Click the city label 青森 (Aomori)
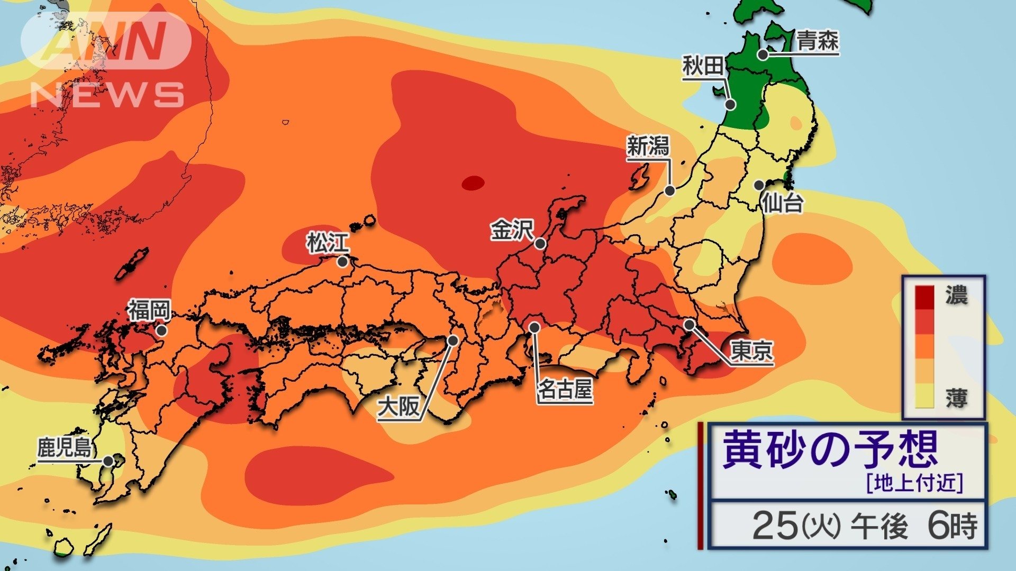(818, 41)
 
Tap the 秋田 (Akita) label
(703, 67)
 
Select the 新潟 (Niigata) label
(648, 146)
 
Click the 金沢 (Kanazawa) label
(511, 230)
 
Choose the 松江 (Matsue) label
(328, 243)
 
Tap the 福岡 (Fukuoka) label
(149, 310)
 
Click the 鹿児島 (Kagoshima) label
(64, 448)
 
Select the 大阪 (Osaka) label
(398, 408)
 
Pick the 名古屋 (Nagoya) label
(565, 390)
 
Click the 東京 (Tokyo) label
(751, 350)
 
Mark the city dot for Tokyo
(690, 324)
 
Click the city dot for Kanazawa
(540, 244)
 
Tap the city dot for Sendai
(759, 185)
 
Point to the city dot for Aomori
(763, 54)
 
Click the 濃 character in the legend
(956, 296)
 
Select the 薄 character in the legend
(956, 398)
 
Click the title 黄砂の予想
(830, 449)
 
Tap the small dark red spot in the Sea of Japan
(473, 183)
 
